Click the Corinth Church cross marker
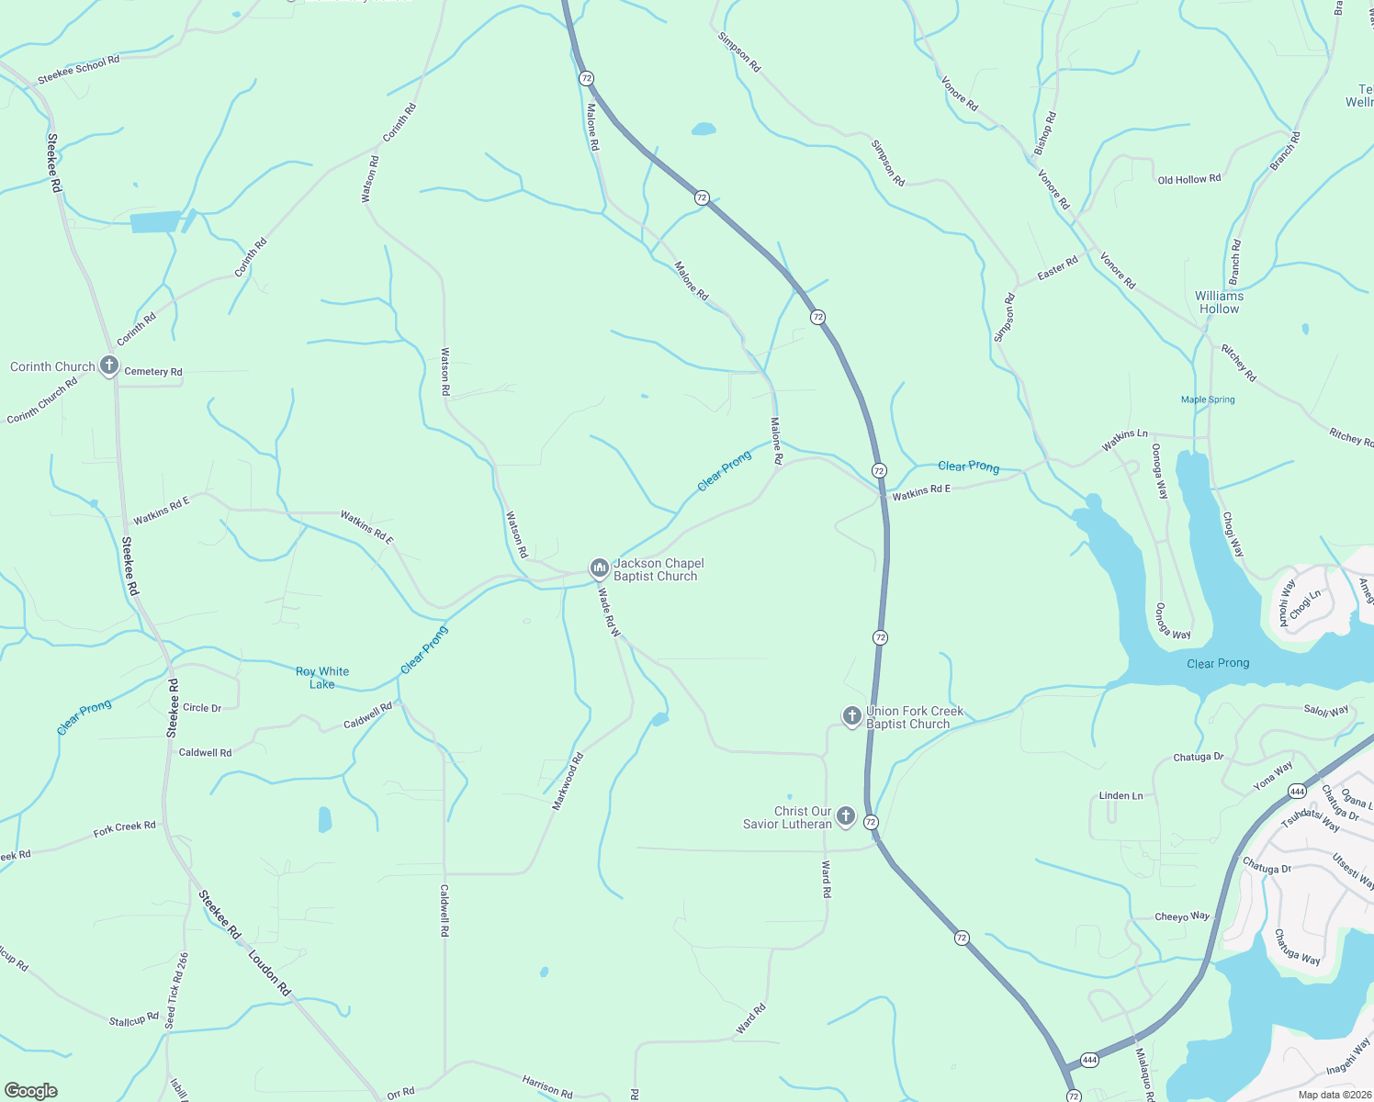(x=109, y=366)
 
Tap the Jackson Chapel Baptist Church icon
(x=599, y=569)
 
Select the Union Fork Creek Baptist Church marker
(x=851, y=716)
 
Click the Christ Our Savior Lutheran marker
(x=846, y=816)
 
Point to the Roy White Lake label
(x=322, y=678)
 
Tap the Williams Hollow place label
(x=1219, y=302)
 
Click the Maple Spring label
(x=1208, y=399)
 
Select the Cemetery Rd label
(x=153, y=372)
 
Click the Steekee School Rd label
(x=79, y=70)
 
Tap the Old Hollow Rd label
(x=1189, y=179)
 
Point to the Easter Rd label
(x=1057, y=269)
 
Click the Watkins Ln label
(x=1125, y=440)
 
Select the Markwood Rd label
(x=568, y=782)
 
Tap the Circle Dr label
(x=202, y=708)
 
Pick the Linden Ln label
(x=1121, y=796)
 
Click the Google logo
(x=31, y=1090)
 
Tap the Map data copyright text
(x=1333, y=1095)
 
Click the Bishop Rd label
(x=1045, y=132)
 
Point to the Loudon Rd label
(x=269, y=973)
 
